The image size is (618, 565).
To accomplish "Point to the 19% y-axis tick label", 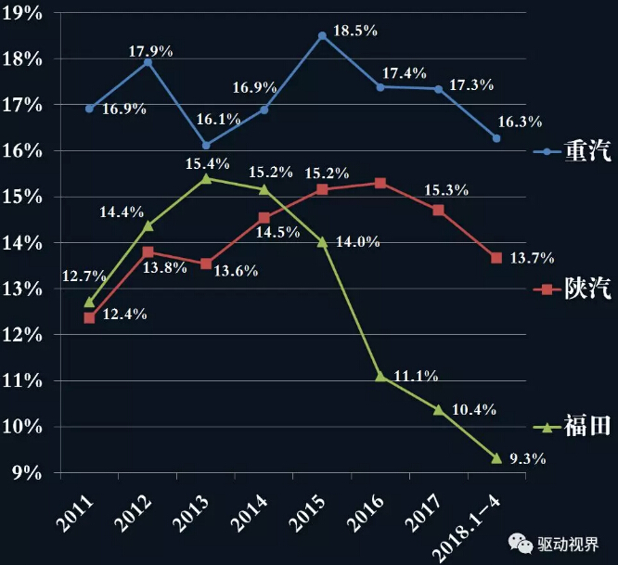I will pos(22,14).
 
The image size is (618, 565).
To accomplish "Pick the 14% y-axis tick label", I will pos(22,243).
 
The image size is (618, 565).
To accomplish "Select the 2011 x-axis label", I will pos(78,513).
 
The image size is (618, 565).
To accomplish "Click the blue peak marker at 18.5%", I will pos(322,36).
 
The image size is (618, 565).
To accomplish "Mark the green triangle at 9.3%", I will pos(496,458).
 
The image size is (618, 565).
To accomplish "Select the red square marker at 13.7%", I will pos(496,258).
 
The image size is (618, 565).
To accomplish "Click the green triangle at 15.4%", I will pos(206,178).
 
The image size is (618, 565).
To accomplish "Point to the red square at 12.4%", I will pos(89,318).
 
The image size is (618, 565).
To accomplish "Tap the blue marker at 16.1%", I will pos(206,145).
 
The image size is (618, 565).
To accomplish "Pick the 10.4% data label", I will pos(473,409).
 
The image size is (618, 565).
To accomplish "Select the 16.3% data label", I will pos(519,122).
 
